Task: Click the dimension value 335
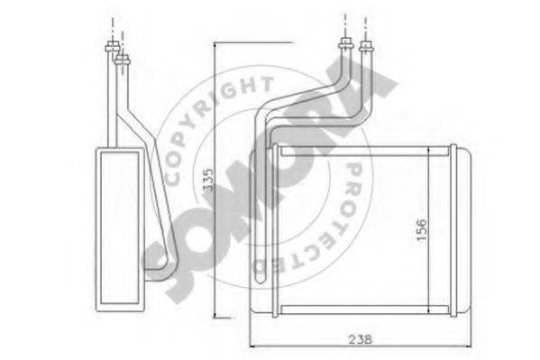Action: tap(208, 180)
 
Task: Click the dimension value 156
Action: tap(421, 230)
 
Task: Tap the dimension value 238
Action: tap(361, 339)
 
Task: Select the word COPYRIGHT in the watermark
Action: tap(214, 125)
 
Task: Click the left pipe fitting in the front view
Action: tap(345, 43)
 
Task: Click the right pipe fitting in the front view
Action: tap(366, 45)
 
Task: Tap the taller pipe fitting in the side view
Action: tap(113, 46)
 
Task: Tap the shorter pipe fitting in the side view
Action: tap(123, 60)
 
